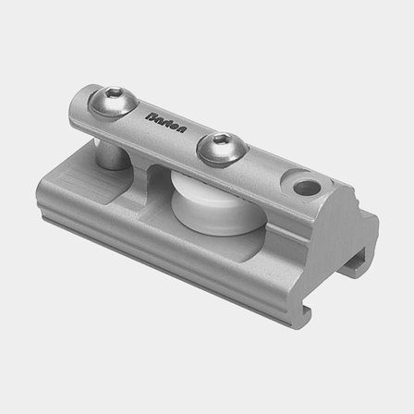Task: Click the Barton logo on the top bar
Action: [x=166, y=123]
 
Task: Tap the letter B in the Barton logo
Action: [x=151, y=116]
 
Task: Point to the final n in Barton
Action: [x=182, y=128]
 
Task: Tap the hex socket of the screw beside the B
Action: [x=113, y=93]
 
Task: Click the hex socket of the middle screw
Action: [x=223, y=140]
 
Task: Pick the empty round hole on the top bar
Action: [x=307, y=188]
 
